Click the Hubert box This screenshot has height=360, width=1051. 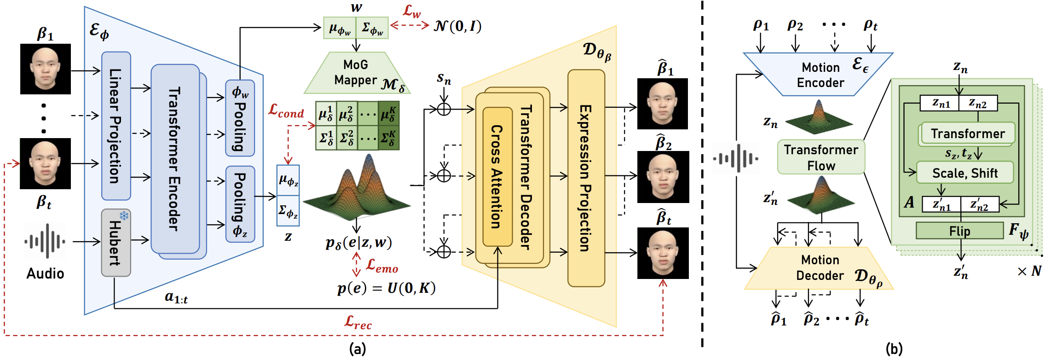[x=116, y=243]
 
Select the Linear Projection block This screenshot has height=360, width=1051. [x=116, y=126]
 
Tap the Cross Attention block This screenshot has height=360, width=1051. [x=497, y=177]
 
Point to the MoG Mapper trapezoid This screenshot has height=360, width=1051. [x=356, y=73]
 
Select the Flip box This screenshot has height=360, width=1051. [x=959, y=231]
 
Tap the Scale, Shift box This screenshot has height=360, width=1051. [x=965, y=173]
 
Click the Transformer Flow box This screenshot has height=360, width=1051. [x=821, y=157]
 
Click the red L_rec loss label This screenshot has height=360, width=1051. [x=358, y=322]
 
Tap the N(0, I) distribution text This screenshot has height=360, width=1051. [x=457, y=26]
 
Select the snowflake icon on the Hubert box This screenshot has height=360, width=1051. [x=124, y=215]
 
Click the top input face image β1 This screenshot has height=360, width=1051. [x=46, y=69]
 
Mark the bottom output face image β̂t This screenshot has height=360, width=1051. [x=663, y=253]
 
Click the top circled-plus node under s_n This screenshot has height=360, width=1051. [x=444, y=109]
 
